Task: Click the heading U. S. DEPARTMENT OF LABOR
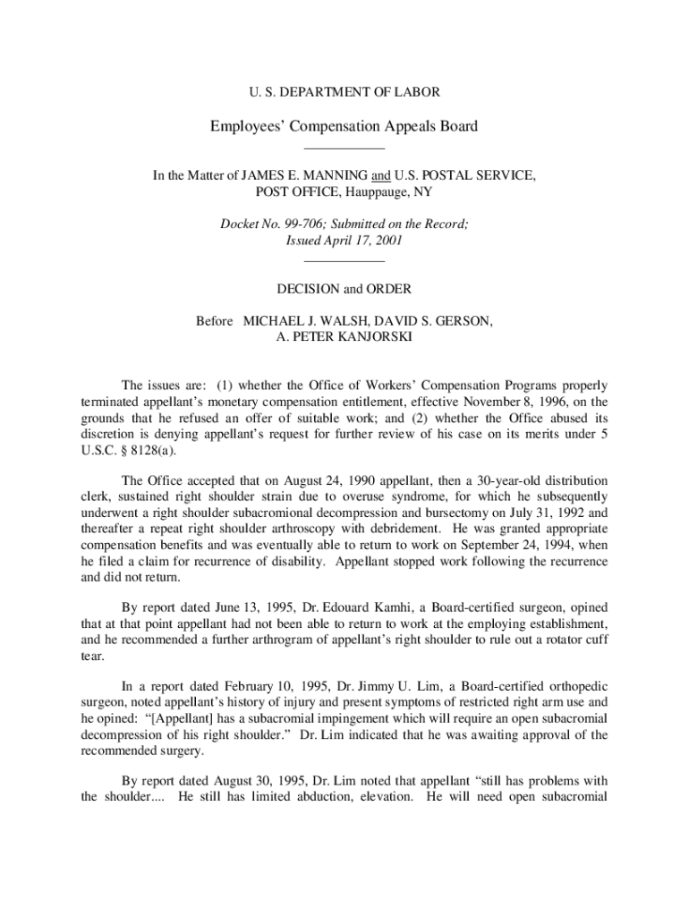tap(344, 92)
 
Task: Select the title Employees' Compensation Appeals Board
tap(344, 126)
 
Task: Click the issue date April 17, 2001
tap(361, 241)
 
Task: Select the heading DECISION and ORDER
tap(344, 289)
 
